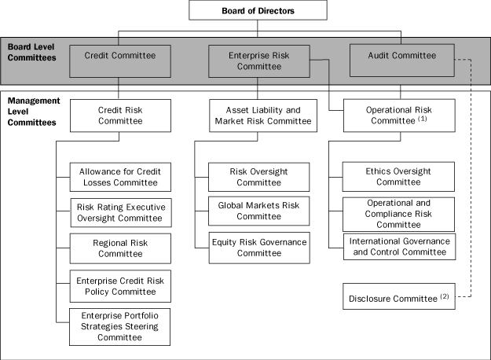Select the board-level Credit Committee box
[119, 61]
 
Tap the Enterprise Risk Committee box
[258, 61]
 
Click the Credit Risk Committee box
[119, 116]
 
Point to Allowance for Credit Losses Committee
[119, 177]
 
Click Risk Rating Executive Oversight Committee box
[119, 211]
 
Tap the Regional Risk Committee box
[119, 248]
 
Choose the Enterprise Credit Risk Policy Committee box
[119, 286]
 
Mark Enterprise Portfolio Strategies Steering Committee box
[119, 326]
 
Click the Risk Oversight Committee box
[259, 176]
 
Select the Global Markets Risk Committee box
[259, 211]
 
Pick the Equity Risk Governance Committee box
[259, 248]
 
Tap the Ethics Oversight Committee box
[399, 176]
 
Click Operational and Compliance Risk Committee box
[399, 213]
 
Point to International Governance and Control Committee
[399, 246]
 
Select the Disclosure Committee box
[399, 299]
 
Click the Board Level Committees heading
[31, 52]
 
